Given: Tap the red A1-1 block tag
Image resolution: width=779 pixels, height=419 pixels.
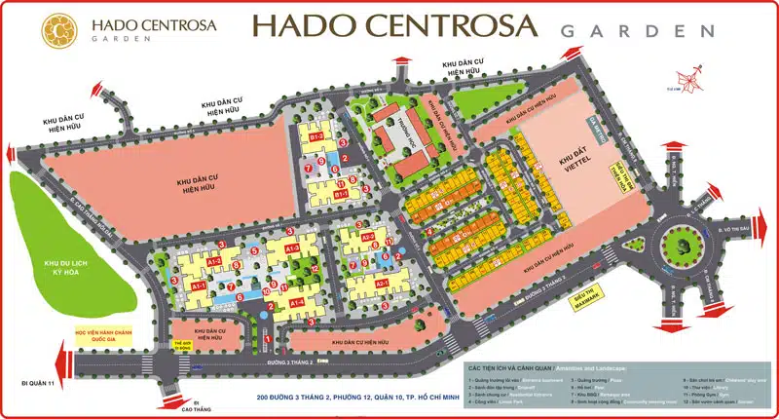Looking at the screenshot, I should pos(198,287).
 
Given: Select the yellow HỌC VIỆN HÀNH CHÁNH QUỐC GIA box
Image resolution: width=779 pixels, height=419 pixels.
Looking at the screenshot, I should pos(101,335).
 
